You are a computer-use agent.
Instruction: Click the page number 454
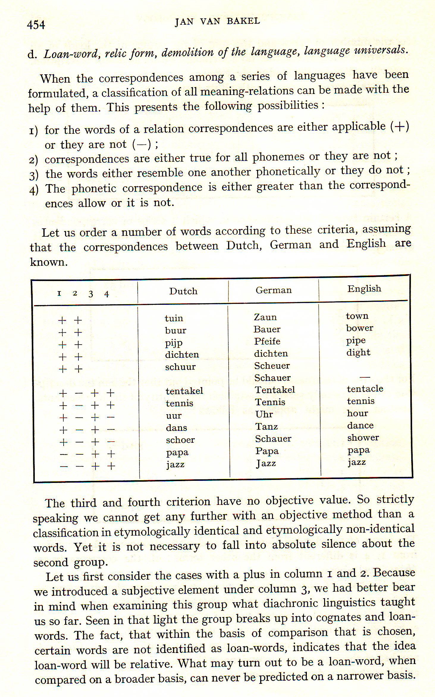tap(36, 24)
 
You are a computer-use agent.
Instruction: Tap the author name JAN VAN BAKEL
tap(217, 21)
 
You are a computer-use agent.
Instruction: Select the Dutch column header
tap(183, 291)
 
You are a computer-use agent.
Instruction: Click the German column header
tap(274, 290)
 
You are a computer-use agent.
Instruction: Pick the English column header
tap(364, 289)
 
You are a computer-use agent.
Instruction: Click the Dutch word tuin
tap(174, 318)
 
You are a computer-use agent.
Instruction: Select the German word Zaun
tap(265, 317)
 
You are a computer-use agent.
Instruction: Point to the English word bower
tap(359, 328)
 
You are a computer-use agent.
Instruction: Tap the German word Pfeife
tap(267, 341)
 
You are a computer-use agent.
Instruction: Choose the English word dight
tap(358, 353)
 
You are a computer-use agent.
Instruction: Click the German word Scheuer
tap(272, 366)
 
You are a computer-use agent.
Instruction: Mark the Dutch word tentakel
tap(184, 391)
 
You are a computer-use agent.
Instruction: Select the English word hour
tap(357, 413)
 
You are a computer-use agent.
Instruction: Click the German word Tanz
tap(266, 427)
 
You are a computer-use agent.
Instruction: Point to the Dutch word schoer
tap(180, 440)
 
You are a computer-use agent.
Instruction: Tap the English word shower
tap(363, 438)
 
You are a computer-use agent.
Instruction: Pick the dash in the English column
tap(365, 377)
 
